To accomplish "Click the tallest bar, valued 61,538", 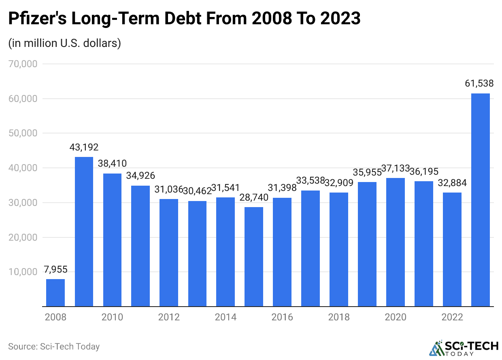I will (481, 200).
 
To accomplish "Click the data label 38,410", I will (112, 164).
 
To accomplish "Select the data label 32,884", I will (452, 183).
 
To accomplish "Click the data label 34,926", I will (140, 176).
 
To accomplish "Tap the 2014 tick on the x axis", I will (225, 317).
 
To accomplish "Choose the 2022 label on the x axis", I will (452, 317).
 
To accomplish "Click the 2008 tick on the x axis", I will (55, 317).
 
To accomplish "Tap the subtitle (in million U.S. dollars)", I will (65, 43).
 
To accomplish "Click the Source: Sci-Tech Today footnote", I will (54, 347).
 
